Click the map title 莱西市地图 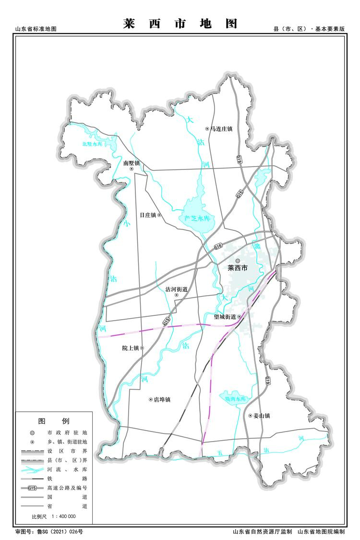point(180,24)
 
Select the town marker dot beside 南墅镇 point(132,169)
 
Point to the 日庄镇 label point(148,215)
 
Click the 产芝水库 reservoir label point(198,218)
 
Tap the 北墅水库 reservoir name point(92,144)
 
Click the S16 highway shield point(219,246)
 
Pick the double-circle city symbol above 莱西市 point(237,261)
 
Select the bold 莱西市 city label point(237,268)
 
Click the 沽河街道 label point(176,289)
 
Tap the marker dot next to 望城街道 point(239,317)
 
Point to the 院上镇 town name point(130,348)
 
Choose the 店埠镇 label point(162,399)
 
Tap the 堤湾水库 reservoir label point(235,399)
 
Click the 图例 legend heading point(54,421)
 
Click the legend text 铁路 point(68,479)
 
